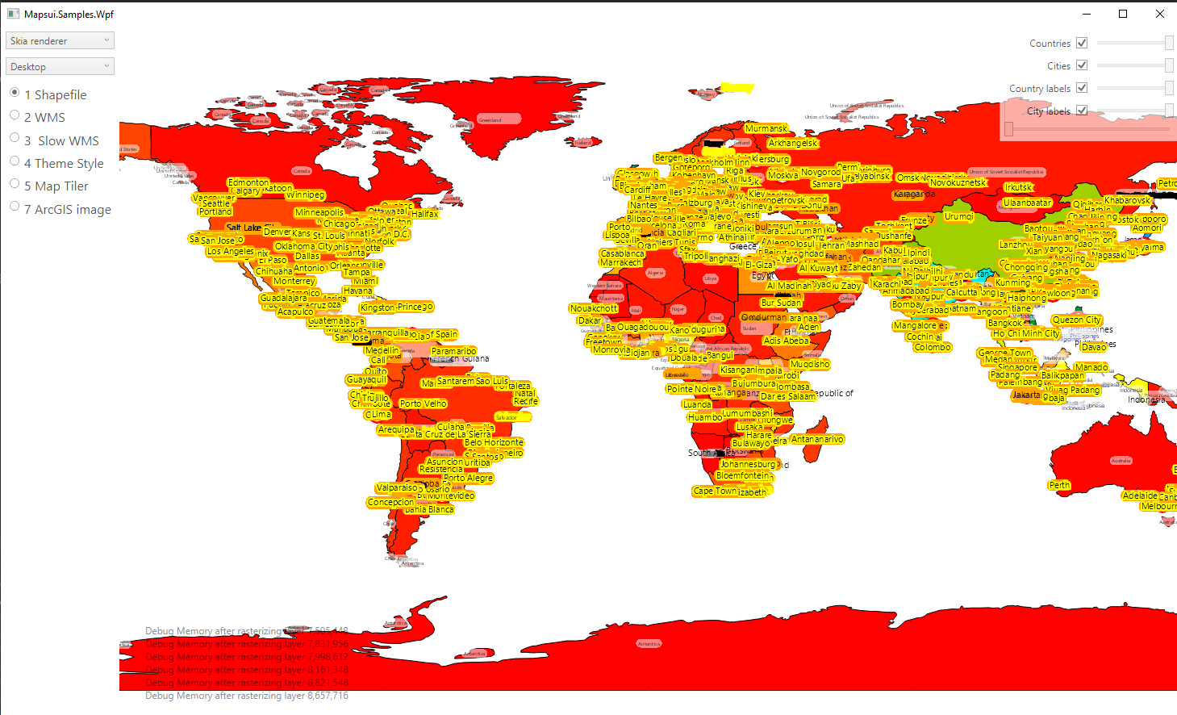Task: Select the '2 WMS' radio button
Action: point(15,115)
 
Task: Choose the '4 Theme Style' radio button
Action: point(15,161)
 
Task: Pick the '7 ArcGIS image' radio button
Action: point(15,207)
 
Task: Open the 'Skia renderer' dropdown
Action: point(61,40)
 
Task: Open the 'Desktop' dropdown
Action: point(61,66)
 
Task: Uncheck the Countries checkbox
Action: point(1082,43)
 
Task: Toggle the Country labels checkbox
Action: point(1082,88)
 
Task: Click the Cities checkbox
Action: point(1082,65)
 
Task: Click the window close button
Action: point(1159,14)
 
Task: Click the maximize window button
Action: point(1122,14)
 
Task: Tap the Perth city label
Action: point(1059,485)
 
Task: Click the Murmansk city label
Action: point(766,128)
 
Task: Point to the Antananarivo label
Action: point(817,439)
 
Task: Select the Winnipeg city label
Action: point(305,194)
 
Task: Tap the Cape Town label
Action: point(714,491)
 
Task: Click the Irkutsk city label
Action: point(1018,187)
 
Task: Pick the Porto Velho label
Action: point(423,403)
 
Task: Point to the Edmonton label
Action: point(248,182)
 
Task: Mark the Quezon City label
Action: point(1076,320)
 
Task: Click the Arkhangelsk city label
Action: point(792,143)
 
